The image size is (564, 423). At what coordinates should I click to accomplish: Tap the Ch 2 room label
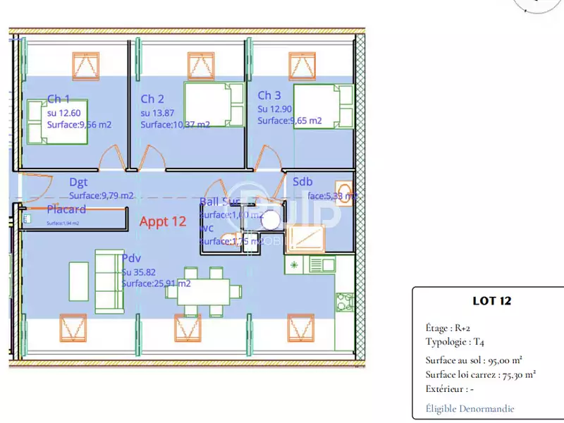152,99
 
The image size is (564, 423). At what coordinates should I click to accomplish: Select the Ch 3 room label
269,96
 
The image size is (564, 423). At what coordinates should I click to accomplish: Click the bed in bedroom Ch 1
56,122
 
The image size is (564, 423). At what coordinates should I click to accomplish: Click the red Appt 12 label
163,221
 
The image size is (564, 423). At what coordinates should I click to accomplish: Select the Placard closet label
66,209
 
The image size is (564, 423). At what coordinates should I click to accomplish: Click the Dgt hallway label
78,183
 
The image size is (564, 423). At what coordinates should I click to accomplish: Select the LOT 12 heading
491,301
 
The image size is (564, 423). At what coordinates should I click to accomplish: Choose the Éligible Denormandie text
470,408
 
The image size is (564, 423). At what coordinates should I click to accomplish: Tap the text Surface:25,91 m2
156,283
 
